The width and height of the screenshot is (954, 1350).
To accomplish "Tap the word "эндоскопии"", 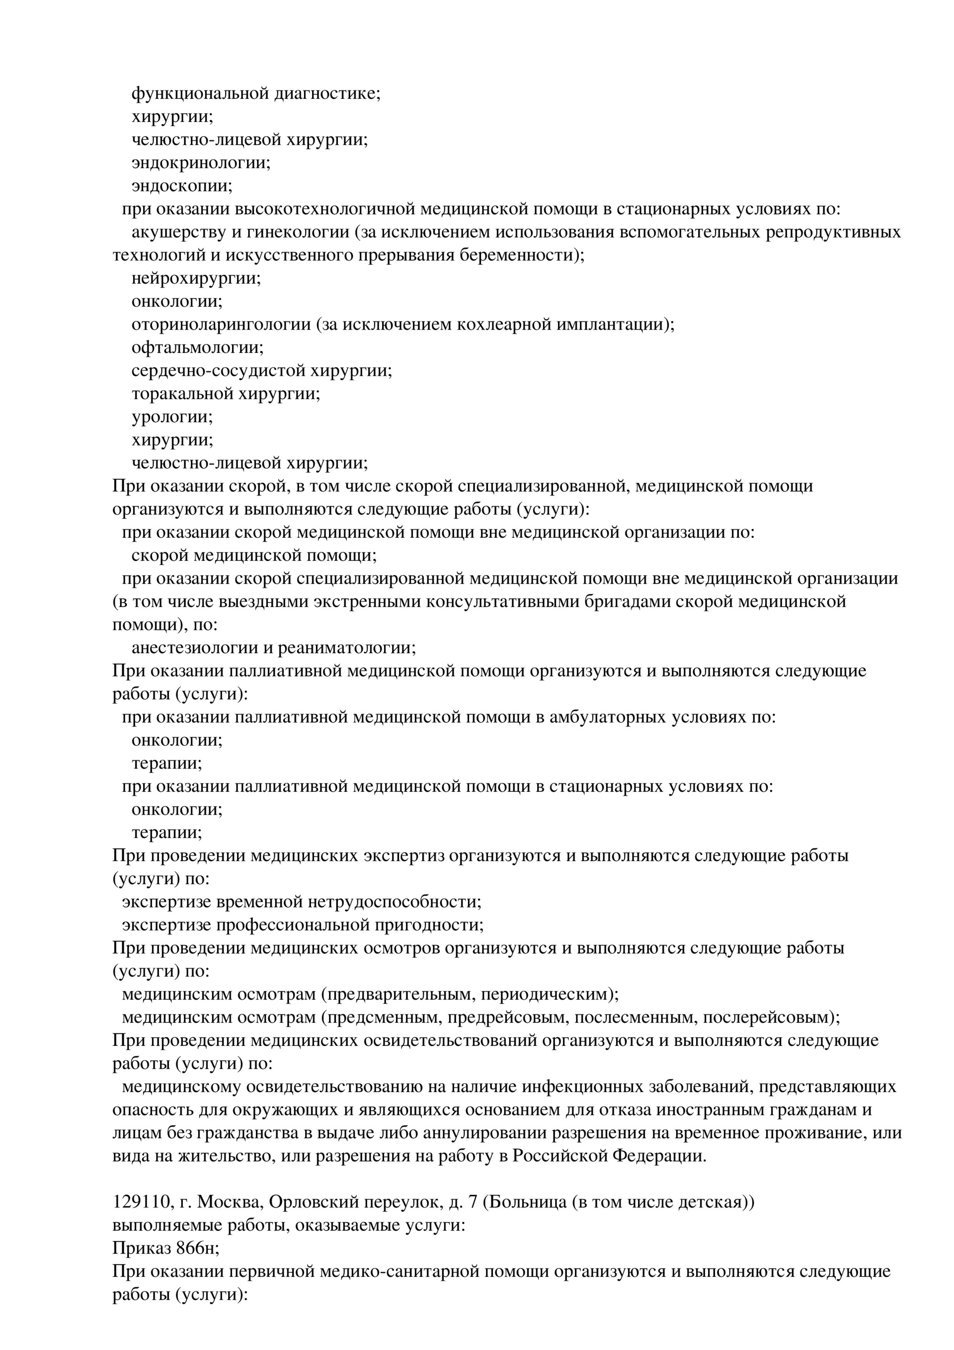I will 182,186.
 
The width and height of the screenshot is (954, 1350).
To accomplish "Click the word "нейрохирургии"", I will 196,278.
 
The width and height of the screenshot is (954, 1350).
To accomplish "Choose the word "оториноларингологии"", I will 221,325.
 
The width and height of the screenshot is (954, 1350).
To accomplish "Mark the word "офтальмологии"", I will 197,347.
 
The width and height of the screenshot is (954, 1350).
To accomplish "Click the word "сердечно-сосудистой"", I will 218,371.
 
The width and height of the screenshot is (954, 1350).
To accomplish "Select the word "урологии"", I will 171,417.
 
